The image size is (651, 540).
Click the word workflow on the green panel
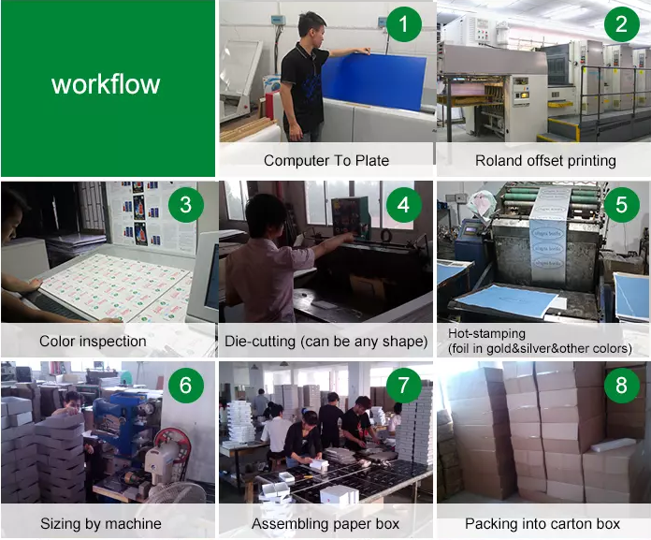tap(106, 84)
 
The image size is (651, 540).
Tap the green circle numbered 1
tap(403, 24)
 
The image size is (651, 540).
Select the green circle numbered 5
tap(621, 205)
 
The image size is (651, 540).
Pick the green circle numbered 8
tap(621, 385)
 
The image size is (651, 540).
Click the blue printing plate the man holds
tap(373, 80)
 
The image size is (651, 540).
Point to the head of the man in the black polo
tap(311, 27)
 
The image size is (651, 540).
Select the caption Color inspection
tap(93, 341)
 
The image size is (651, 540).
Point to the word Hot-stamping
tap(486, 333)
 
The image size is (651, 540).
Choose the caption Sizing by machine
tap(101, 523)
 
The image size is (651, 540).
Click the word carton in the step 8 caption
tap(570, 523)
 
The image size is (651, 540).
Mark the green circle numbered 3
tap(185, 205)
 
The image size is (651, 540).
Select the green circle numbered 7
tap(403, 385)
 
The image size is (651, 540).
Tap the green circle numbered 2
tap(621, 24)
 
